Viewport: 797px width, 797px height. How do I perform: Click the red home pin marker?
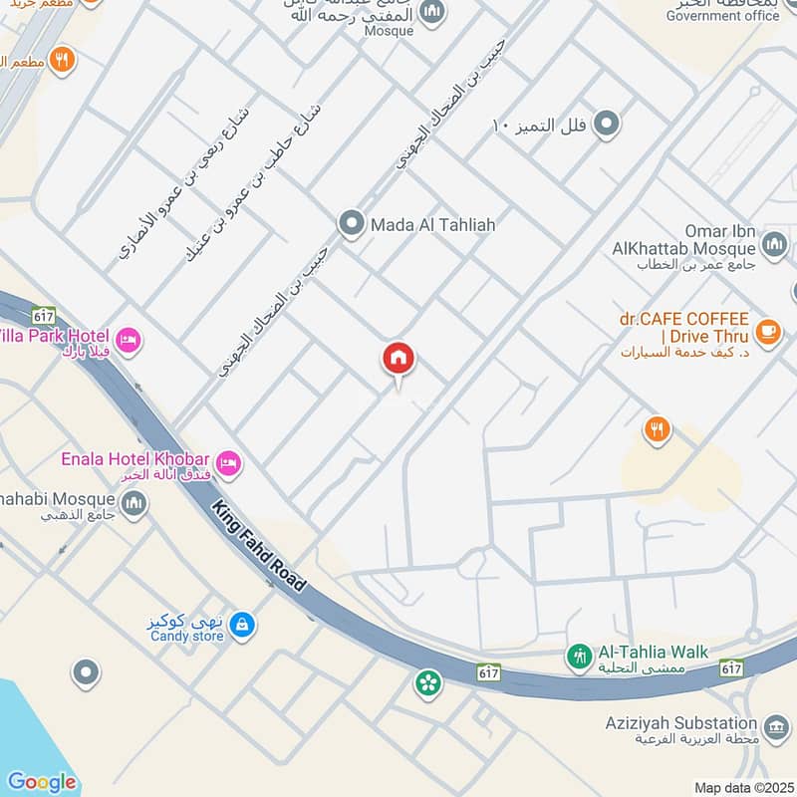[x=398, y=359]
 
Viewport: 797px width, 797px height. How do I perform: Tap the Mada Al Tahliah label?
[x=432, y=225]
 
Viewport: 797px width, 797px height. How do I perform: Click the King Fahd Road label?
[x=258, y=547]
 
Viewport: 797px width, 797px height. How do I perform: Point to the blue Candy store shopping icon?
[x=240, y=626]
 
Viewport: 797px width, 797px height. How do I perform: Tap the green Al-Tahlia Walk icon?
[x=579, y=656]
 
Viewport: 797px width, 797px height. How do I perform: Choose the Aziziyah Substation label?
[x=681, y=723]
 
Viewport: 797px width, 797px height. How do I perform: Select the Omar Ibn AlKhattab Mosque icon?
[x=774, y=243]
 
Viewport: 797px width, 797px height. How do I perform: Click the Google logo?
[x=42, y=782]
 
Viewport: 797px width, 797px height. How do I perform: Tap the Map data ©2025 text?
[x=742, y=788]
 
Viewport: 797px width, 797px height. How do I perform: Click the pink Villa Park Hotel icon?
[x=128, y=341]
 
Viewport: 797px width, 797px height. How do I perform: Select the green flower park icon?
[x=427, y=683]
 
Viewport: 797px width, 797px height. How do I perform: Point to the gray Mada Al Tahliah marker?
[x=350, y=224]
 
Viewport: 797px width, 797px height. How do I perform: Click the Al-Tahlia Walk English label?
[x=653, y=653]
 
